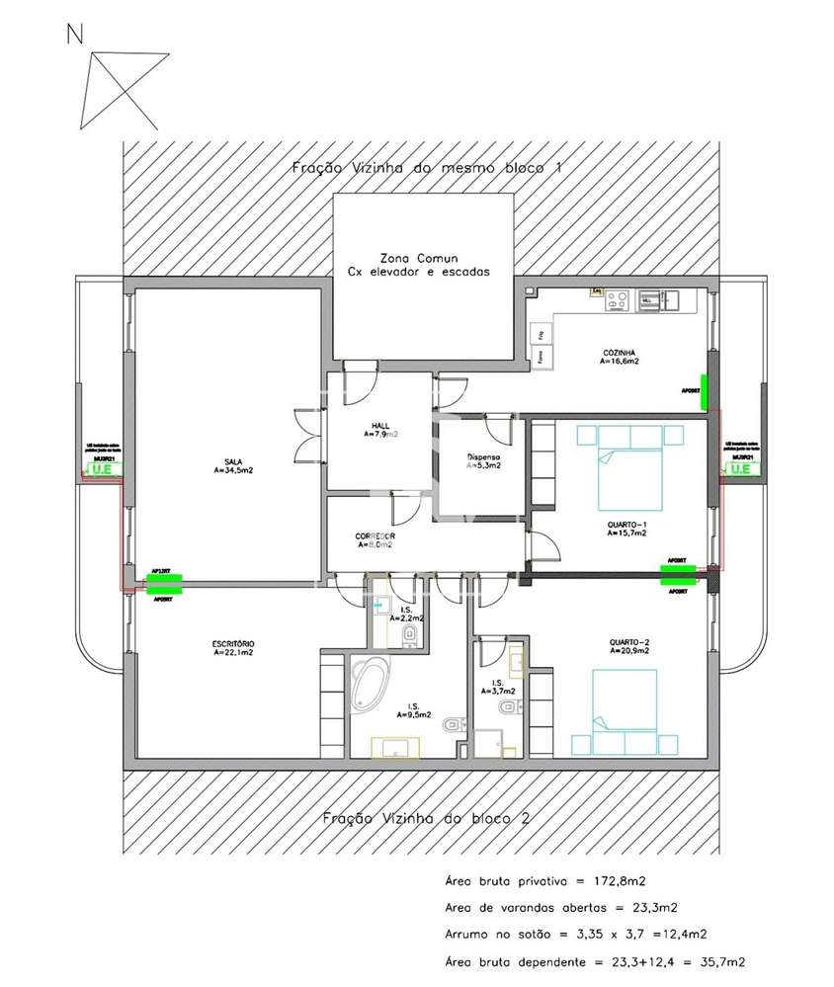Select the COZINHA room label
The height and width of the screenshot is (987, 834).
click(619, 353)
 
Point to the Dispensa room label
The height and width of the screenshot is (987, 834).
click(483, 458)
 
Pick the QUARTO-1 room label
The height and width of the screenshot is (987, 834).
click(625, 525)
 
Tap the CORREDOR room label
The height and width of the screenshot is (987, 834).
click(375, 536)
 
